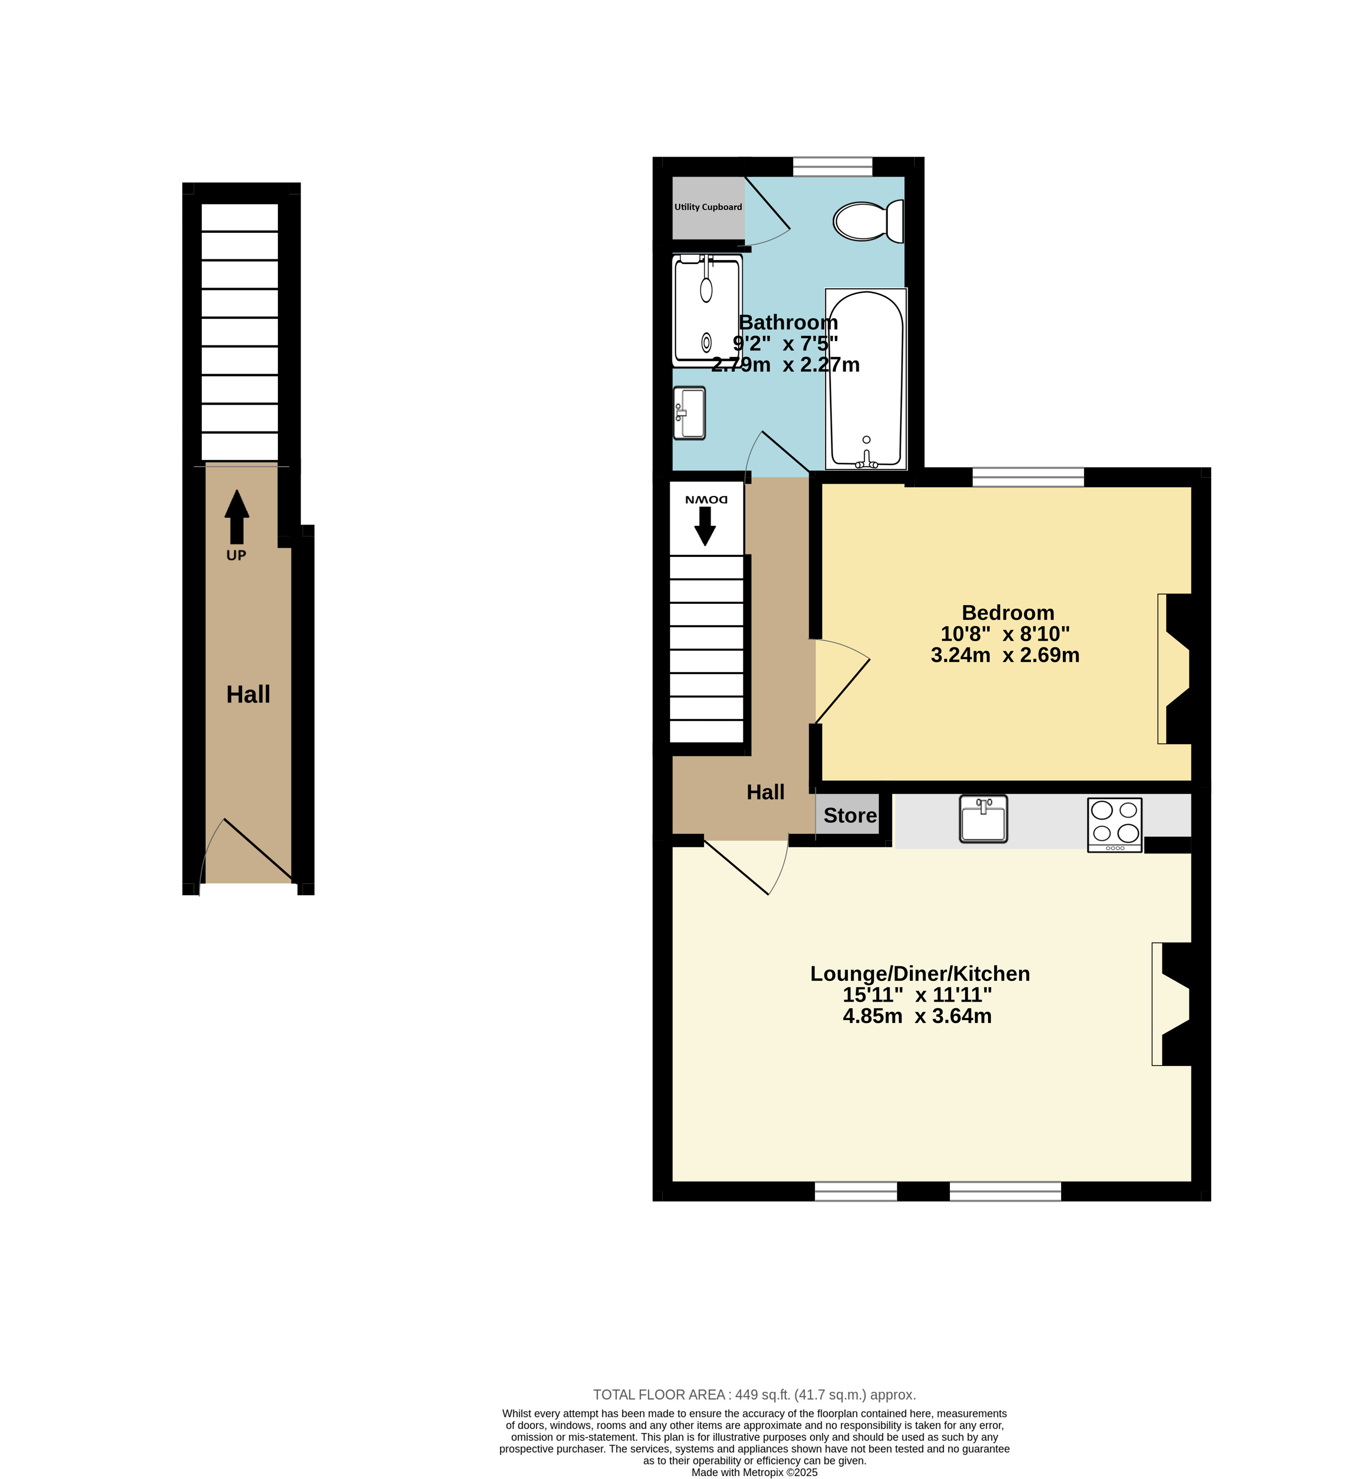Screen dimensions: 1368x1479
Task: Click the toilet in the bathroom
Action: (x=868, y=220)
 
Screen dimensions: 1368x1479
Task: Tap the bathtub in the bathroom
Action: (x=866, y=379)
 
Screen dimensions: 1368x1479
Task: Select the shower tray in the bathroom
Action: (x=707, y=311)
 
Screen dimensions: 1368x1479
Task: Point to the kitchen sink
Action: (x=983, y=819)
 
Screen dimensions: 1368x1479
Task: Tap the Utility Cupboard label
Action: (x=708, y=207)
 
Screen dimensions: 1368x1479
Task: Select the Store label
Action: (x=850, y=815)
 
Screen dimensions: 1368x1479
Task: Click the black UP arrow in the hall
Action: (x=237, y=516)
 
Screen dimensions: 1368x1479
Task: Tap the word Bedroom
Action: (x=1007, y=613)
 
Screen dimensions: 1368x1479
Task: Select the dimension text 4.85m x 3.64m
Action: (x=917, y=1016)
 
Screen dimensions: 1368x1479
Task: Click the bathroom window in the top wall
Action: (x=833, y=167)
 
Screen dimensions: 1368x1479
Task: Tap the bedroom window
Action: (x=1028, y=477)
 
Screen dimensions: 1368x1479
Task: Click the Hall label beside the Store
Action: (x=765, y=792)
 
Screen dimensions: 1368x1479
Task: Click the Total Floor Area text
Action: (x=754, y=1395)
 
